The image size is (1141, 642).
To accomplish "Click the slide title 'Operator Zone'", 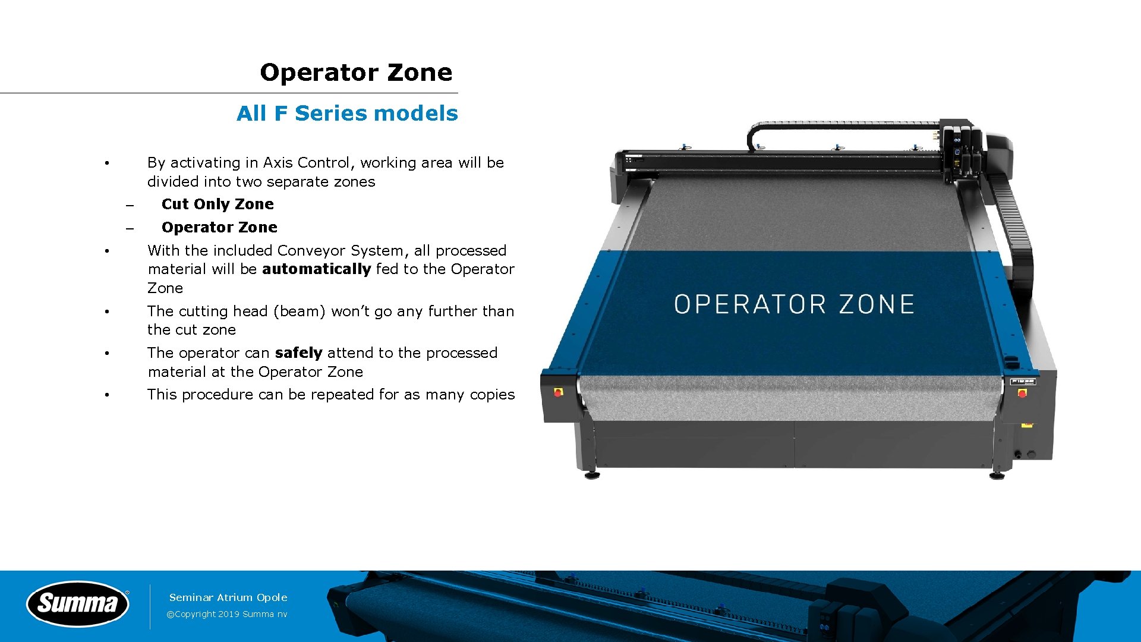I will (x=356, y=73).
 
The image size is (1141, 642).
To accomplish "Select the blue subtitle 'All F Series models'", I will (x=347, y=114).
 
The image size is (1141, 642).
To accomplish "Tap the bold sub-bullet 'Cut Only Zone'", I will (x=218, y=204).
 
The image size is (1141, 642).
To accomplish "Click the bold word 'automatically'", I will (x=316, y=269).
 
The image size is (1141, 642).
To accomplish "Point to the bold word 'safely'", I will (x=298, y=353).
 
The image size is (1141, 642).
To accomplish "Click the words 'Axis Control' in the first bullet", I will (x=306, y=163).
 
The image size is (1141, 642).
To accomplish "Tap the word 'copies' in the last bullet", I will (x=492, y=395).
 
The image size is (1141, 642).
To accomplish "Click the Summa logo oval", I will (x=78, y=603).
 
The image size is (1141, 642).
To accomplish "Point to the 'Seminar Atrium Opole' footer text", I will (x=228, y=597).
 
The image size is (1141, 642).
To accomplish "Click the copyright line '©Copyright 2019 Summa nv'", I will (x=227, y=614).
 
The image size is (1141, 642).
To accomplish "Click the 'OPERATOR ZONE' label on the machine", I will (x=794, y=304).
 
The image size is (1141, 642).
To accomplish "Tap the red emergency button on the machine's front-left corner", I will (x=558, y=392).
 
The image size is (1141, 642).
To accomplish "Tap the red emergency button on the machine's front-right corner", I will (x=1022, y=393).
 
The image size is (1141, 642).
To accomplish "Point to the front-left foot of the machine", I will (x=592, y=474).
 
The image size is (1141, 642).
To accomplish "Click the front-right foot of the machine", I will (x=997, y=474).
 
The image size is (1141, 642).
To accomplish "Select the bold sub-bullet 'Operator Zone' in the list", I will (x=219, y=228).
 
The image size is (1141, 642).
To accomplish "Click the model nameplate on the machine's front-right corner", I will (x=1023, y=382).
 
